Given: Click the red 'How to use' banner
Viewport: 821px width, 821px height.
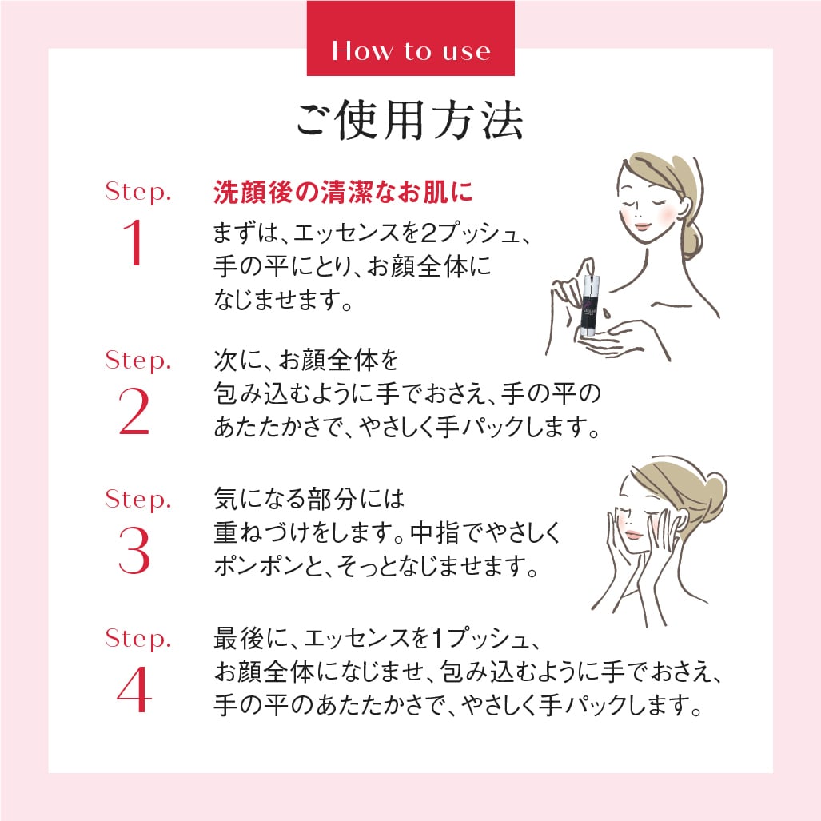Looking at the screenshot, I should [410, 50].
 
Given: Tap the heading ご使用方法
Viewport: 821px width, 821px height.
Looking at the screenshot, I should [410, 122].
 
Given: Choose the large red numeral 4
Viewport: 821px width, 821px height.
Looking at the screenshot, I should [134, 689].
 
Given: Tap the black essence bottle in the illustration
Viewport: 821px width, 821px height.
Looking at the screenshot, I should [592, 303].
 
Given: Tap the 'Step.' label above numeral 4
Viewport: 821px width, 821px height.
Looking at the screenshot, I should [138, 640].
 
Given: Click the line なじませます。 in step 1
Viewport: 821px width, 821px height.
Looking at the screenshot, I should [285, 300].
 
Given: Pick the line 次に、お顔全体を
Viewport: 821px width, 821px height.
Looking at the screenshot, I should [305, 361].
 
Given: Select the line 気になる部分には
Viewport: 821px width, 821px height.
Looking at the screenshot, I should [310, 500].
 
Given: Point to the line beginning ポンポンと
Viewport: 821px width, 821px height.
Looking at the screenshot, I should [374, 567].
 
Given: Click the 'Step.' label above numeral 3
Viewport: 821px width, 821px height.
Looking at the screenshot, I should [138, 501].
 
